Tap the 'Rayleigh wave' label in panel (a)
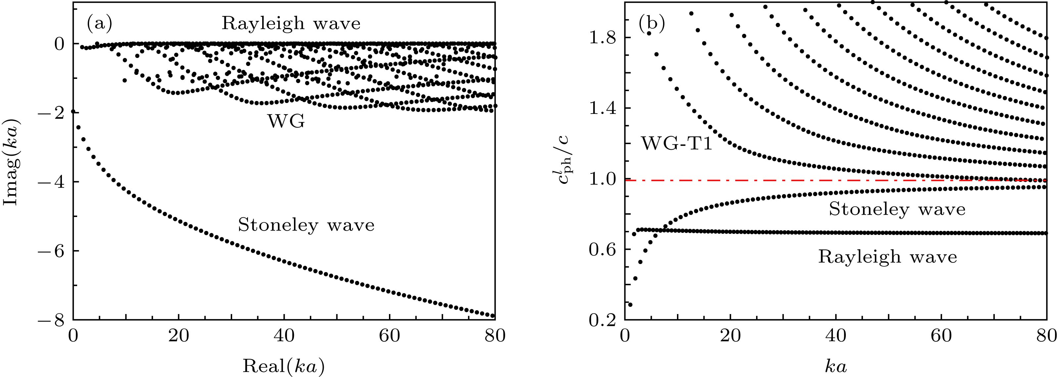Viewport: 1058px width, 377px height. pos(291,24)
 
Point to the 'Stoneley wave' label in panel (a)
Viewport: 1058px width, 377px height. pos(306,225)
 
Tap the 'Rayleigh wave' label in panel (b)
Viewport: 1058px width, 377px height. pos(888,257)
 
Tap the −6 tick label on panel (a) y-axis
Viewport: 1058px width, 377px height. pos(51,251)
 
